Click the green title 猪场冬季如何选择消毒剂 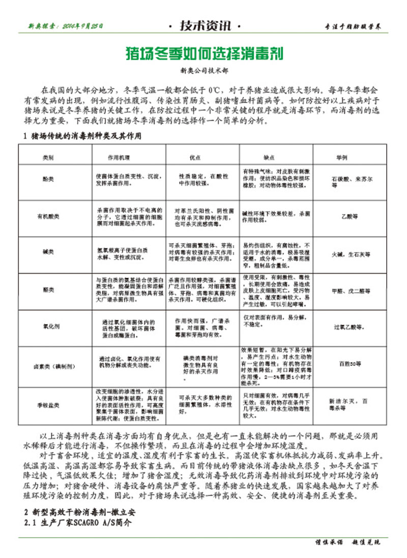pos(203,52)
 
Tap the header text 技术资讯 pos(203,26)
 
